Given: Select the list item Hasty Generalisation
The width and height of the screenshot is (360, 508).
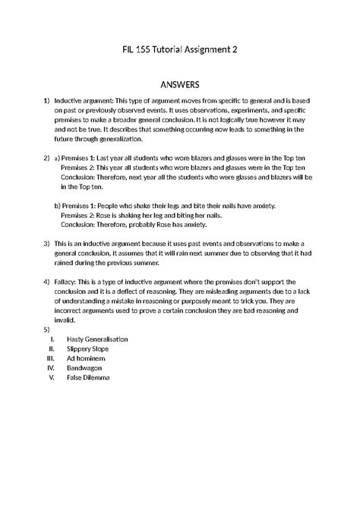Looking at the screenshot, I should click(97, 339).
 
